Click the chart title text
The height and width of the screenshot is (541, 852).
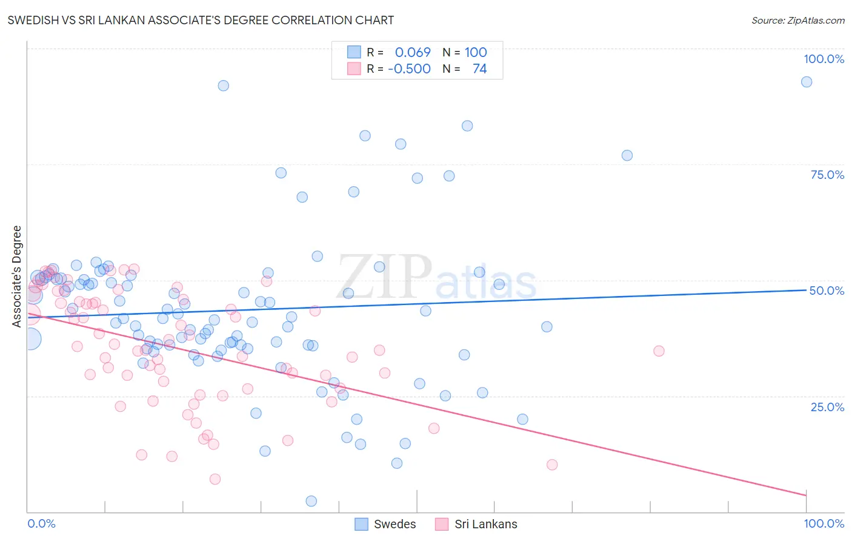tap(201, 20)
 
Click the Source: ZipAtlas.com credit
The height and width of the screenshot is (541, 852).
tap(797, 20)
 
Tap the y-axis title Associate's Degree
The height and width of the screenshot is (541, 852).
tap(17, 276)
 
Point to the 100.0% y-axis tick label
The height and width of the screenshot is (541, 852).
tap(824, 59)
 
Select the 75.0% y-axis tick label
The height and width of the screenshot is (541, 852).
tap(827, 175)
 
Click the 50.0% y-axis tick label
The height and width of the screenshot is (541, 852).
tap(827, 291)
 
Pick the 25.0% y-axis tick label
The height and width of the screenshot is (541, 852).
tap(827, 406)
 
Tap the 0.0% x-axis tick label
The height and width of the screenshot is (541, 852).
tap(41, 523)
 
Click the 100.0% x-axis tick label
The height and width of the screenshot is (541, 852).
tap(824, 523)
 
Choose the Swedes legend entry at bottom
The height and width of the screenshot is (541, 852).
tap(385, 524)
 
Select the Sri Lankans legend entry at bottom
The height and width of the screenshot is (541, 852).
tap(476, 524)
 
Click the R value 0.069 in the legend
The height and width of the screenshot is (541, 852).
tap(413, 52)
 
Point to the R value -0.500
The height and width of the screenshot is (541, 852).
tap(409, 69)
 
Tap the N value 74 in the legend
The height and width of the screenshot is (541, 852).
tap(479, 69)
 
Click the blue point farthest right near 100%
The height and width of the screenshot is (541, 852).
tap(806, 82)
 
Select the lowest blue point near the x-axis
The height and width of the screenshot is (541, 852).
tap(311, 501)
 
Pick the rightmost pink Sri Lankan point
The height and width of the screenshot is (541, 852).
tap(659, 351)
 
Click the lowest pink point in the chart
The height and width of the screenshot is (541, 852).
tap(215, 479)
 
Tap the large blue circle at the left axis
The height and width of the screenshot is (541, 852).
tap(30, 338)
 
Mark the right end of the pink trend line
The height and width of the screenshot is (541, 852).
tap(806, 496)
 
